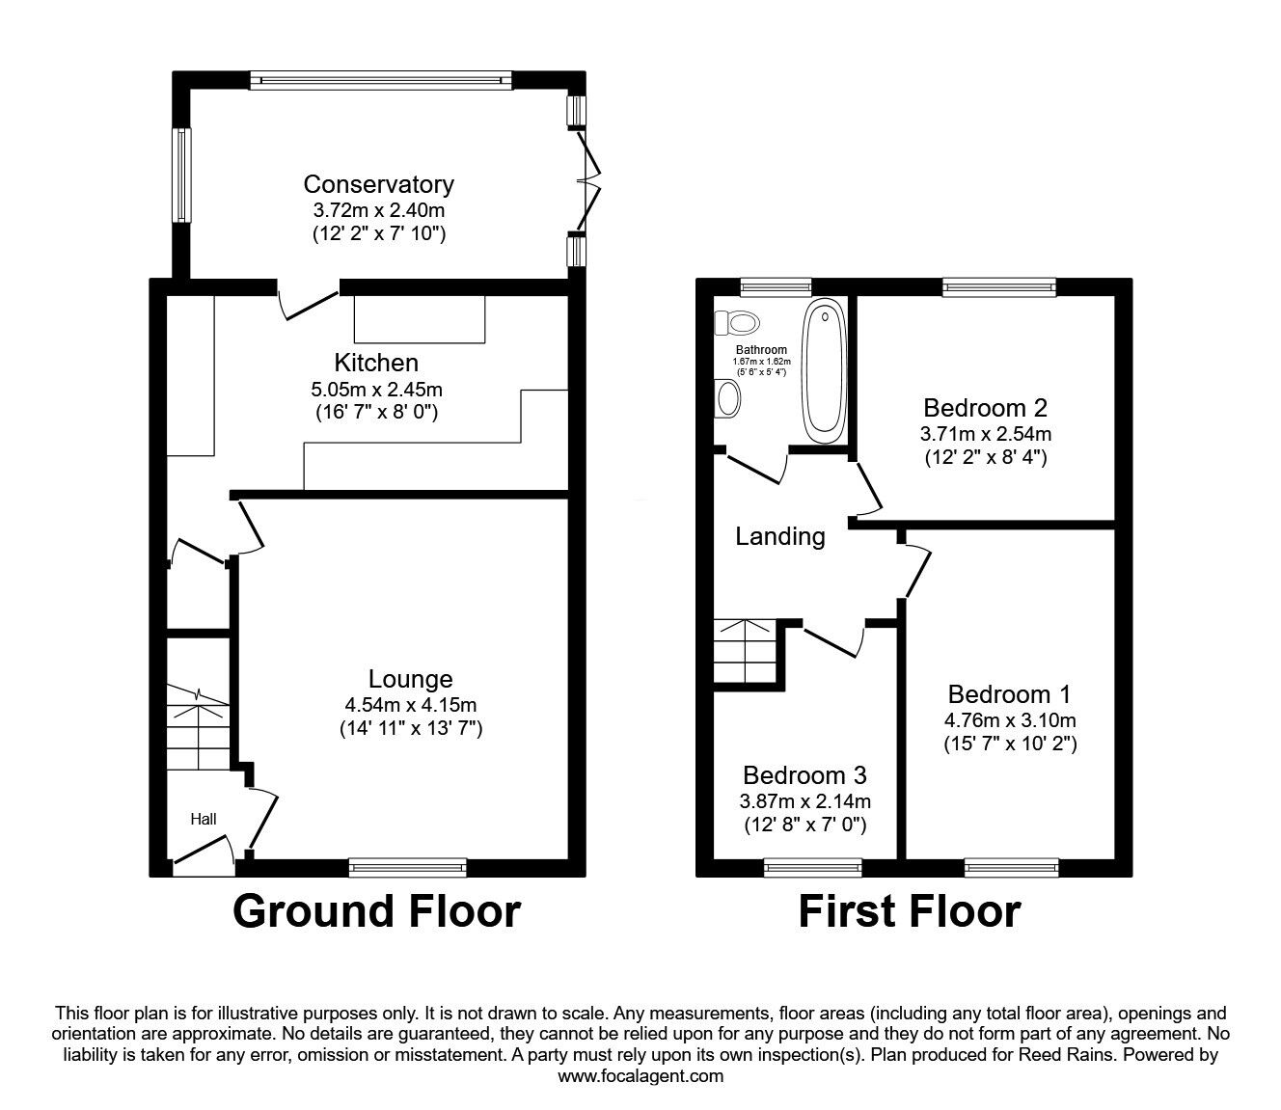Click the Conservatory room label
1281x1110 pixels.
(x=378, y=184)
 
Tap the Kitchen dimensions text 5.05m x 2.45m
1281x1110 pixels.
(x=377, y=390)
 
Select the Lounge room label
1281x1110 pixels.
(x=411, y=680)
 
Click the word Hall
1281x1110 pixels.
(x=203, y=820)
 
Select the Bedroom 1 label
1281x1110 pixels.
(x=1009, y=694)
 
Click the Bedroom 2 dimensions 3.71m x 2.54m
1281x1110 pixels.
(x=985, y=433)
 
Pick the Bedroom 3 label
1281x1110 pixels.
(x=804, y=775)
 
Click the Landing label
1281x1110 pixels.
(x=779, y=536)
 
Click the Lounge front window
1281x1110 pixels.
(x=408, y=868)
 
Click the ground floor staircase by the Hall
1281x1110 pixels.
(x=198, y=728)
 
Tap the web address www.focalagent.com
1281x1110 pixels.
(x=640, y=1076)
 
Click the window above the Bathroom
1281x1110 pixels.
(x=776, y=285)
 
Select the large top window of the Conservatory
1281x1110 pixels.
(x=380, y=81)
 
